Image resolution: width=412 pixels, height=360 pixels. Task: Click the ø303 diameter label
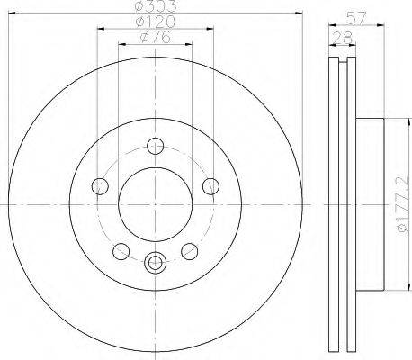[x=156, y=6]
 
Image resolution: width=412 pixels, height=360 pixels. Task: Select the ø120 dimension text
[x=156, y=22]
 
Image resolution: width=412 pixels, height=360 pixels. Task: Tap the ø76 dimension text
[x=156, y=37]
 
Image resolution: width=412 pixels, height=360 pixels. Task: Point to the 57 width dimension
[x=356, y=18]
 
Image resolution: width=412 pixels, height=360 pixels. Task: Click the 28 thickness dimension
[x=343, y=38]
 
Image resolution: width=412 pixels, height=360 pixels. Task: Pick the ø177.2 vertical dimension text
[x=402, y=204]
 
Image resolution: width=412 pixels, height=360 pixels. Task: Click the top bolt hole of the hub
[x=156, y=146]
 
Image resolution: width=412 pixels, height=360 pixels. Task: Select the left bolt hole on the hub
[x=100, y=186]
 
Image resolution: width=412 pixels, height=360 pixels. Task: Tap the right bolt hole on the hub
[x=210, y=186]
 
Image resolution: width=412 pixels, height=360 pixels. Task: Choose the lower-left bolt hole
[x=121, y=251]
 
